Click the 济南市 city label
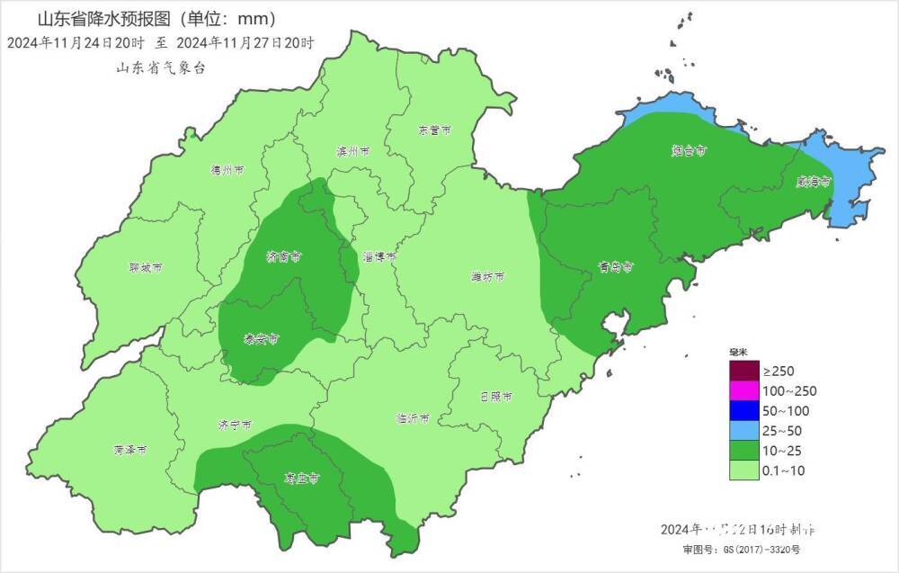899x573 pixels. click(x=283, y=256)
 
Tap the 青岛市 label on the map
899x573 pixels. click(x=617, y=267)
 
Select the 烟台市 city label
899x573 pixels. click(x=689, y=151)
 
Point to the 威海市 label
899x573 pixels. click(x=814, y=181)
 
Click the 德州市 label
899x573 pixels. click(x=227, y=169)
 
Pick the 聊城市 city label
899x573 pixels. click(x=146, y=267)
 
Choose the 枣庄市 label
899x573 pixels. click(x=302, y=479)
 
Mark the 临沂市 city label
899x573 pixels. click(x=413, y=418)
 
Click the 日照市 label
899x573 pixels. click(x=496, y=396)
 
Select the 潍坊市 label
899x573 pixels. click(x=487, y=275)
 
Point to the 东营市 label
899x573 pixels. click(x=433, y=130)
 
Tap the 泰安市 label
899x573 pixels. click(x=262, y=339)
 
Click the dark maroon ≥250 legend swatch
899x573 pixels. click(x=744, y=371)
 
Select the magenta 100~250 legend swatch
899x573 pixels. click(x=744, y=390)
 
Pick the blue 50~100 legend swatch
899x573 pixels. click(x=744, y=410)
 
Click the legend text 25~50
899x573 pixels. click(x=783, y=430)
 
